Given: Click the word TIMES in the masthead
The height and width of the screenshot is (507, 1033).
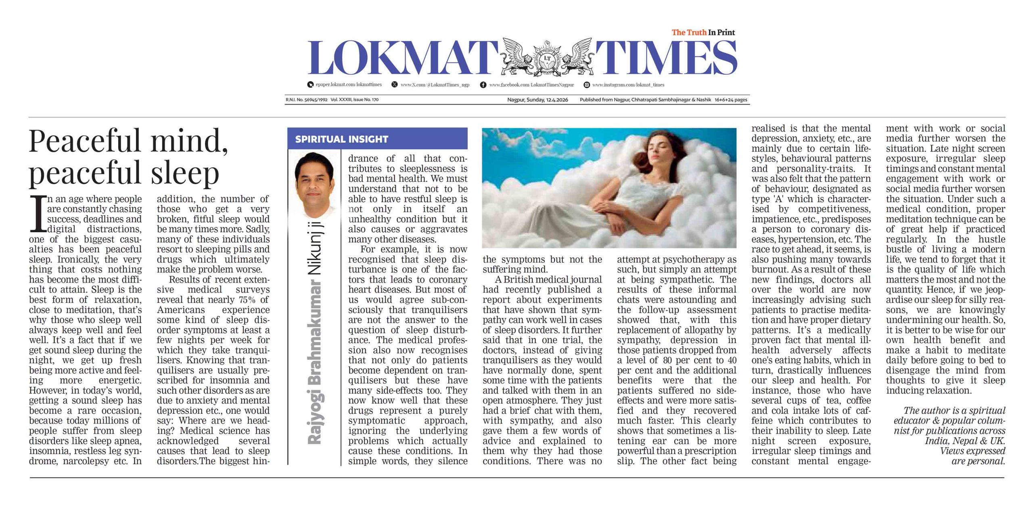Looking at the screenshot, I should [x=666, y=58].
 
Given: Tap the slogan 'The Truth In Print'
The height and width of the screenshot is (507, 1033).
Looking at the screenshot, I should [x=703, y=32].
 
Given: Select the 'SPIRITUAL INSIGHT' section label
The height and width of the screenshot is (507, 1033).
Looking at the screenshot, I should [x=341, y=139].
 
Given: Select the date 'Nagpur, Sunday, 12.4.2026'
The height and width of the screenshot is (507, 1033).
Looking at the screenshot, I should [x=537, y=100].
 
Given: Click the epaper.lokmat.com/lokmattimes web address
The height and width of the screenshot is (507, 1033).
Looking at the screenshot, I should [x=349, y=85].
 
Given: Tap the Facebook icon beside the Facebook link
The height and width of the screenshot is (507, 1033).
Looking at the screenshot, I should [x=483, y=85].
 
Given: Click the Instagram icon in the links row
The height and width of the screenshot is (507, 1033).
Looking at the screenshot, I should [x=587, y=85].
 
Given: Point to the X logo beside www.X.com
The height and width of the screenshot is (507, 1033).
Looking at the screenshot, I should [x=395, y=85].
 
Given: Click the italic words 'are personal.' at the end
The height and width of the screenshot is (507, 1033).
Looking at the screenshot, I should [x=978, y=461].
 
